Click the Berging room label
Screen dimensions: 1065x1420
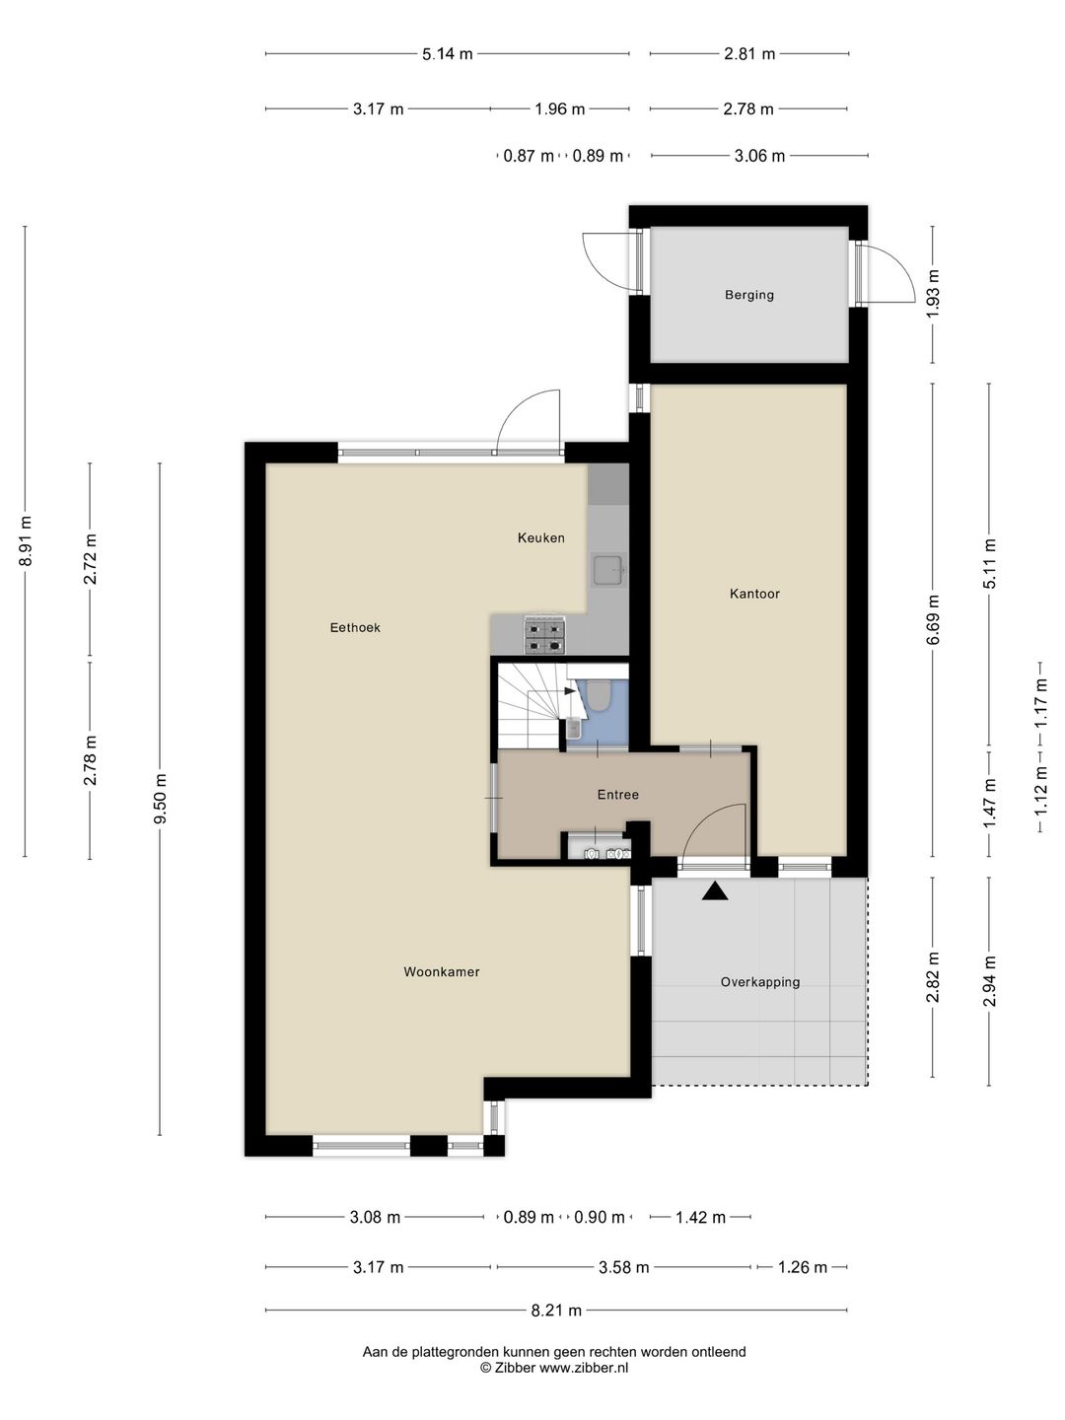click(748, 295)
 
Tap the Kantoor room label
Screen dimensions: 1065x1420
click(754, 594)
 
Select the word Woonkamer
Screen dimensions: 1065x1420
click(442, 971)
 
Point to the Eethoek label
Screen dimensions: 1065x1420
click(355, 627)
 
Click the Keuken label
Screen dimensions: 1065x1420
click(541, 537)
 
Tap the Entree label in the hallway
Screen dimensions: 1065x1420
click(618, 795)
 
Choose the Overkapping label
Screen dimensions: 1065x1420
click(760, 982)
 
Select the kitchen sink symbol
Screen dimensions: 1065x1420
click(608, 569)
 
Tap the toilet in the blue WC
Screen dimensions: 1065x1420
click(599, 696)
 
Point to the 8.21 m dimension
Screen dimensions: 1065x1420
click(556, 1311)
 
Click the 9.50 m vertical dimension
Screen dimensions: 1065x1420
click(161, 799)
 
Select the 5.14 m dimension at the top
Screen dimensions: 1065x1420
click(448, 53)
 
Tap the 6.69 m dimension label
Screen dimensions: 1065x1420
click(933, 619)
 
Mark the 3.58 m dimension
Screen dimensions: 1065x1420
click(623, 1267)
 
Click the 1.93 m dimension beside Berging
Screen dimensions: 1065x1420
click(933, 294)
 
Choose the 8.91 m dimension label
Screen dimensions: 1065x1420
click(26, 540)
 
